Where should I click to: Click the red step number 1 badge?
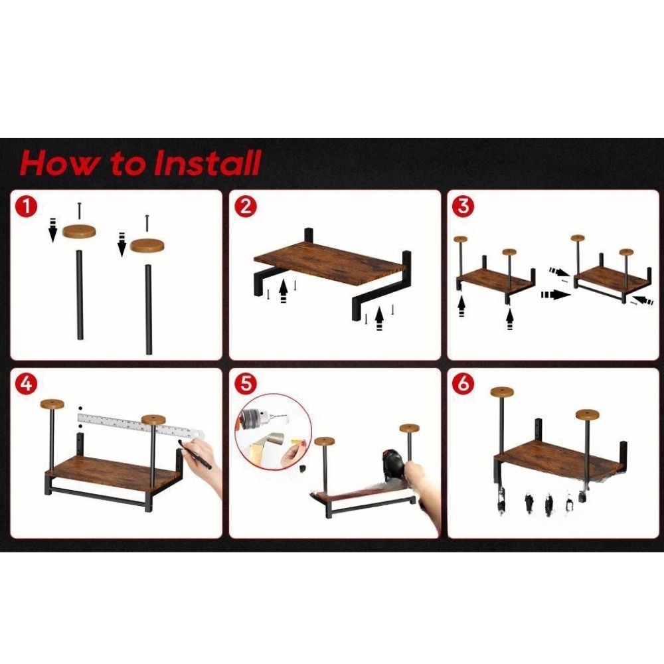click(x=27, y=207)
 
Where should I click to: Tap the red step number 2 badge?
click(x=246, y=207)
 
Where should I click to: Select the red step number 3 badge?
click(x=463, y=207)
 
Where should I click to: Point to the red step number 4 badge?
click(x=27, y=384)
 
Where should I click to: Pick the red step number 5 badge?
click(x=246, y=384)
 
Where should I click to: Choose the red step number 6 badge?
click(x=463, y=384)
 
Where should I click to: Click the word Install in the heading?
click(x=207, y=163)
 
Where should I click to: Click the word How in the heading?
click(x=59, y=163)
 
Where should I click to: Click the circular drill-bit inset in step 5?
click(x=273, y=432)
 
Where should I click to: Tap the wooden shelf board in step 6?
click(x=560, y=461)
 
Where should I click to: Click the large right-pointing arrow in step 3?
click(x=555, y=294)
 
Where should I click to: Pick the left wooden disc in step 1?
click(x=79, y=231)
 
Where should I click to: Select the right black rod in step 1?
click(x=149, y=309)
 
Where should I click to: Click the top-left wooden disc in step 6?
click(x=502, y=392)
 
